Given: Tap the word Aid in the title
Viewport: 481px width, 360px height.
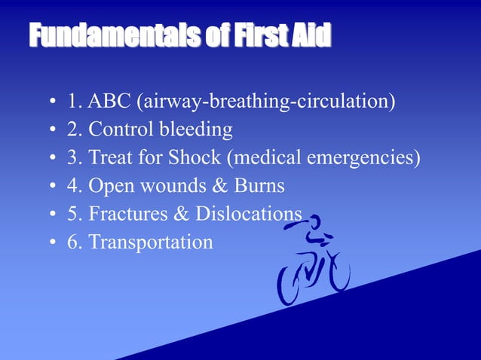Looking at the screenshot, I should (313, 36).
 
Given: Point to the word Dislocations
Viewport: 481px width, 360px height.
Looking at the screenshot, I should (249, 214).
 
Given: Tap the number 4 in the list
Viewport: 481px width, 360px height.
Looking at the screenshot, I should (72, 185).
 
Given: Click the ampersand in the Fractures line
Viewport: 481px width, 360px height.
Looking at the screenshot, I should (182, 214).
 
